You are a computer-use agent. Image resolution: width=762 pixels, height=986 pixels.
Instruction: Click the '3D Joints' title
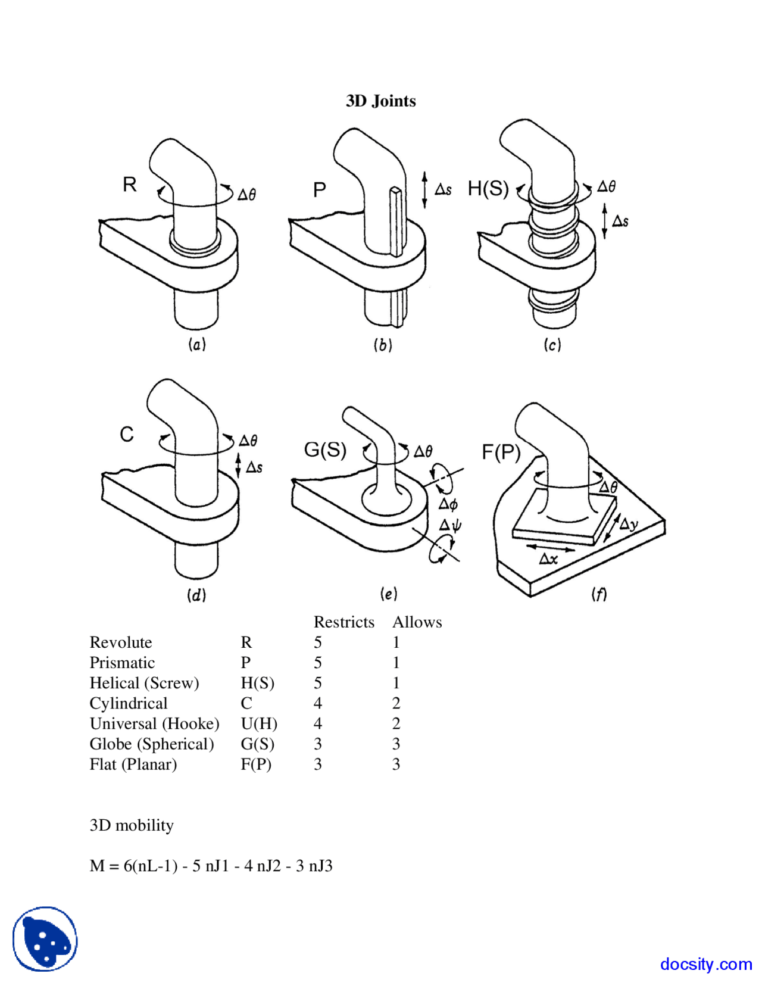pos(380,101)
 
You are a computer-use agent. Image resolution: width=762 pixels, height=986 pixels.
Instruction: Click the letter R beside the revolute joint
pos(129,185)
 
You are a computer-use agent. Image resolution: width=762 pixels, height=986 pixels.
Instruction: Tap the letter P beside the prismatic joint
pos(319,190)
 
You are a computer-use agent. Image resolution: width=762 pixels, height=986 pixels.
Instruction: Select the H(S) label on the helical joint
pos(488,189)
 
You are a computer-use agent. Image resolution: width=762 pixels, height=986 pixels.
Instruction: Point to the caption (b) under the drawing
pos(382,345)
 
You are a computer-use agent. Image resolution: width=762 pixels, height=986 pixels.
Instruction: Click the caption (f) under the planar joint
pos(598,594)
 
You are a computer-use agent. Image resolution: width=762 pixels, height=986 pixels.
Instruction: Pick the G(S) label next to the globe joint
pos(325,450)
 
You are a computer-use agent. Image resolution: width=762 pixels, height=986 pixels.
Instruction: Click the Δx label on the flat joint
pos(548,559)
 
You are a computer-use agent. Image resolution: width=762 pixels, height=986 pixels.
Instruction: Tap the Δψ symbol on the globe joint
pos(450,525)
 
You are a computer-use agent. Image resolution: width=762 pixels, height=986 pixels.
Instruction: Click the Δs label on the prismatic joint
pos(443,190)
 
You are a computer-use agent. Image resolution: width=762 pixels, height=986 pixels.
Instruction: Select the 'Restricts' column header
pos(343,622)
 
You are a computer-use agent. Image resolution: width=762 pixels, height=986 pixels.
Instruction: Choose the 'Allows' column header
pos(417,622)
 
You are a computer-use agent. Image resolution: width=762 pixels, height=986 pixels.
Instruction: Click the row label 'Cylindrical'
pos(129,704)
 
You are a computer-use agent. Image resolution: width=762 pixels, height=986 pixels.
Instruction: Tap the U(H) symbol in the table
pos(259,724)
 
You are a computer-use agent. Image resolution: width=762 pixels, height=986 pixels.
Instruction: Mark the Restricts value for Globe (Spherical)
pos(318,744)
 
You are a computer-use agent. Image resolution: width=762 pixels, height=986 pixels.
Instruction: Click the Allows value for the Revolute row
pos(396,643)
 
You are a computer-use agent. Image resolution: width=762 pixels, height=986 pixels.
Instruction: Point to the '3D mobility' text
pos(132,826)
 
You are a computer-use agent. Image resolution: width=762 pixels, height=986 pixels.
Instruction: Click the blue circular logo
pos(45,939)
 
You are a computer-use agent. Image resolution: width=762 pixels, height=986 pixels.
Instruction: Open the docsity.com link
pos(705,964)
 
